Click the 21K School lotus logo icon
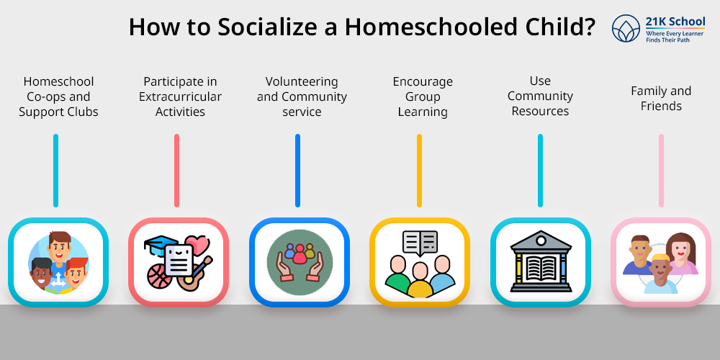coord(626,29)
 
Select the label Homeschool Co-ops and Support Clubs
coord(58,96)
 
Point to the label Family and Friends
coord(661,98)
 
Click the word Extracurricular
coord(180,96)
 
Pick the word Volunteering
coord(302,82)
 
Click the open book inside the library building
coord(541,268)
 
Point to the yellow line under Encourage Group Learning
coord(419,171)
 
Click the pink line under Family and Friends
coord(661,171)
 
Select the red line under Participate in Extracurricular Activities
coord(177,171)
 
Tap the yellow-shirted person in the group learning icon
coord(419,281)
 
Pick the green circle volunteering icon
coord(300,262)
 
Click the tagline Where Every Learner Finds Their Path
coord(675,37)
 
